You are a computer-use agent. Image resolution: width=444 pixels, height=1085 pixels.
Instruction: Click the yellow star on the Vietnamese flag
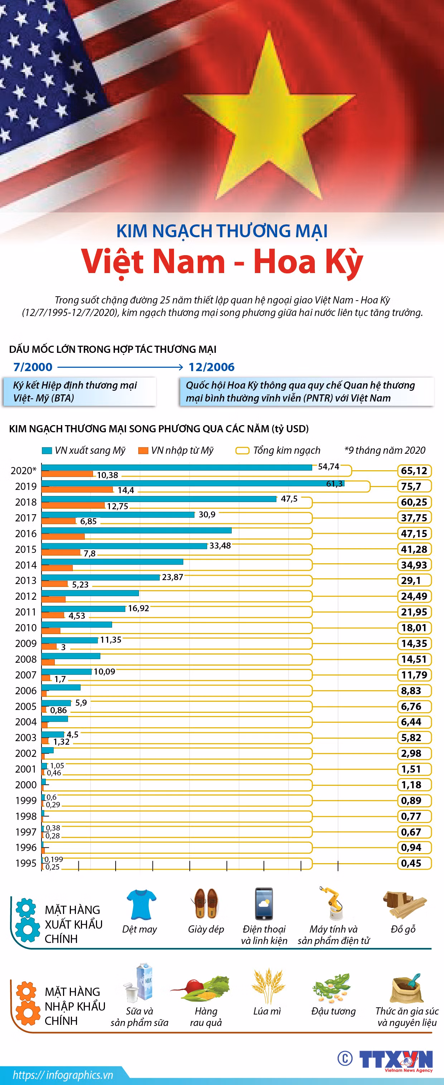pyautogui.click(x=269, y=122)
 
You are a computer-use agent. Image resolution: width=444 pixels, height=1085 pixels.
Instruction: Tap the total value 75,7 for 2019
pyautogui.click(x=411, y=486)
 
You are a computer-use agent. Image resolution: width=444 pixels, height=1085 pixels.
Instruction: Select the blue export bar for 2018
pyautogui.click(x=159, y=499)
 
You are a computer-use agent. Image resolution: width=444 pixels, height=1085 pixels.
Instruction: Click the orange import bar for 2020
pyautogui.click(x=67, y=474)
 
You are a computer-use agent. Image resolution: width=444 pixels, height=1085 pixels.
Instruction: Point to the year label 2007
pyautogui.click(x=26, y=675)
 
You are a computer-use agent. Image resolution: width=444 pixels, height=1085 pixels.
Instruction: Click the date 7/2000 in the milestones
pyautogui.click(x=33, y=367)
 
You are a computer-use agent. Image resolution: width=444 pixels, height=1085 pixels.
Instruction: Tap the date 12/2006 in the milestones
pyautogui.click(x=212, y=367)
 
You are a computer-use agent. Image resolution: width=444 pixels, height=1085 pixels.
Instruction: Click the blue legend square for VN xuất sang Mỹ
pyautogui.click(x=47, y=450)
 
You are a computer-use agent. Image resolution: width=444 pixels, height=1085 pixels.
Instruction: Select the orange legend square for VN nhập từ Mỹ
pyautogui.click(x=143, y=450)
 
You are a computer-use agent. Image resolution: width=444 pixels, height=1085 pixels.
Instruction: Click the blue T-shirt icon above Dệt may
pyautogui.click(x=141, y=904)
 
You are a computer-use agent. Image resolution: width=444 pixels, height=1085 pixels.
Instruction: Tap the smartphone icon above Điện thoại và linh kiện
pyautogui.click(x=264, y=904)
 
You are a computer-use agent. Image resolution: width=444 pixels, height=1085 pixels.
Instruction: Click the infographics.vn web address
pyautogui.click(x=63, y=1075)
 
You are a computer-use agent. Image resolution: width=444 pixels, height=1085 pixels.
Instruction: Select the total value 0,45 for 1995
pyautogui.click(x=411, y=863)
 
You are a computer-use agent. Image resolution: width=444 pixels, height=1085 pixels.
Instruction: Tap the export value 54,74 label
pyautogui.click(x=329, y=466)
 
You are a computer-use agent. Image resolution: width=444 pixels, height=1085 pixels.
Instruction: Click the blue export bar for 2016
pyautogui.click(x=136, y=530)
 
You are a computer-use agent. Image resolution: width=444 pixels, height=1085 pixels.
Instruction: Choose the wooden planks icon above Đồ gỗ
pyautogui.click(x=403, y=904)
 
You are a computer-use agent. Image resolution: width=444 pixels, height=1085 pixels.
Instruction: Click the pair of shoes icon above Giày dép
pyautogui.click(x=206, y=902)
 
